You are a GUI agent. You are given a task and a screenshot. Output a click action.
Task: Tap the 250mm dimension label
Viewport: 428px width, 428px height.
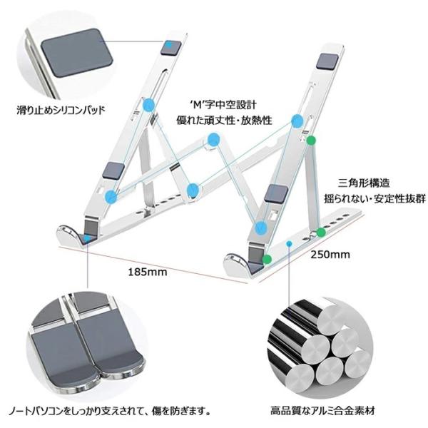click(x=330, y=254)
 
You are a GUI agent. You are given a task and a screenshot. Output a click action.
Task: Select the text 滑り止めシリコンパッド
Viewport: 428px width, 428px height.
click(x=61, y=111)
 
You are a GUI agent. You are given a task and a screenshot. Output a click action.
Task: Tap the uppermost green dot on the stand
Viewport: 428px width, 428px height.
click(x=310, y=141)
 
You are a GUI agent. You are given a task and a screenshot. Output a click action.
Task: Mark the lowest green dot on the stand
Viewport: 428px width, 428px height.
click(x=266, y=259)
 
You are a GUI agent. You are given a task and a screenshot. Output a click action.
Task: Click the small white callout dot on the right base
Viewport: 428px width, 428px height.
click(x=289, y=244)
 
